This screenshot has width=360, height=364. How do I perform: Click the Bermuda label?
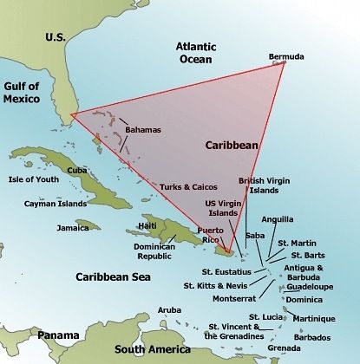(x=287, y=56)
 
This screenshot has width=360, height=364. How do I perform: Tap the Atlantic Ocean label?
(x=200, y=52)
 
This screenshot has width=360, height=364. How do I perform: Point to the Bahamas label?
(x=143, y=130)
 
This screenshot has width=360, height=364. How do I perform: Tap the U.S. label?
(x=56, y=37)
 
